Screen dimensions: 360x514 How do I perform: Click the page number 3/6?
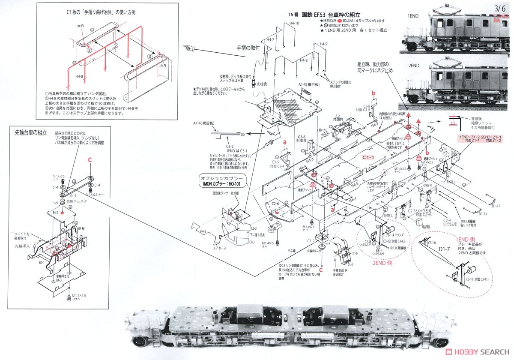coord(499,8)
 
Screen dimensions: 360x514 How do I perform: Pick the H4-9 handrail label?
coord(323,44)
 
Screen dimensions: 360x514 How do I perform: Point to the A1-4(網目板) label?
coord(205,123)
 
